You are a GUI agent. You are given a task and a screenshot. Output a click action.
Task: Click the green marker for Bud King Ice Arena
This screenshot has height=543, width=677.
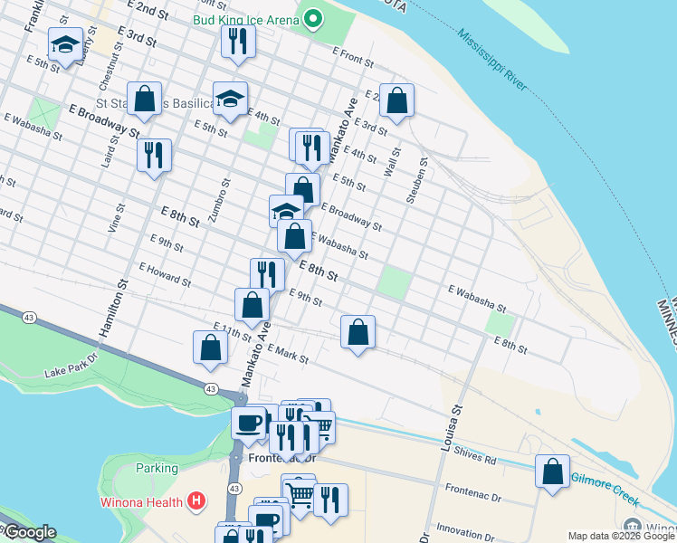314,18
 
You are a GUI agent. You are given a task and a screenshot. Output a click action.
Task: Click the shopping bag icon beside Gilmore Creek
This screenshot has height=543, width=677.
552,472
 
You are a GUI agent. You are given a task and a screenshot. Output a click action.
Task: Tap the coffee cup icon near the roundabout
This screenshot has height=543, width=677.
249,423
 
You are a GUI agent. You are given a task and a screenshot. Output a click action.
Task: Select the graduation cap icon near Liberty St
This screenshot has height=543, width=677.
65,43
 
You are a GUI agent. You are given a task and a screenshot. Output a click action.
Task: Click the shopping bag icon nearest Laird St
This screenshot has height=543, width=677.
144,99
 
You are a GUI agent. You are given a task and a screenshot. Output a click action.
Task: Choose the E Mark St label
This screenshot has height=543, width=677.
288,354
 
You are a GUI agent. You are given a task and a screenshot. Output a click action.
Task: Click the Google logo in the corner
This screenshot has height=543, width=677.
29,532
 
